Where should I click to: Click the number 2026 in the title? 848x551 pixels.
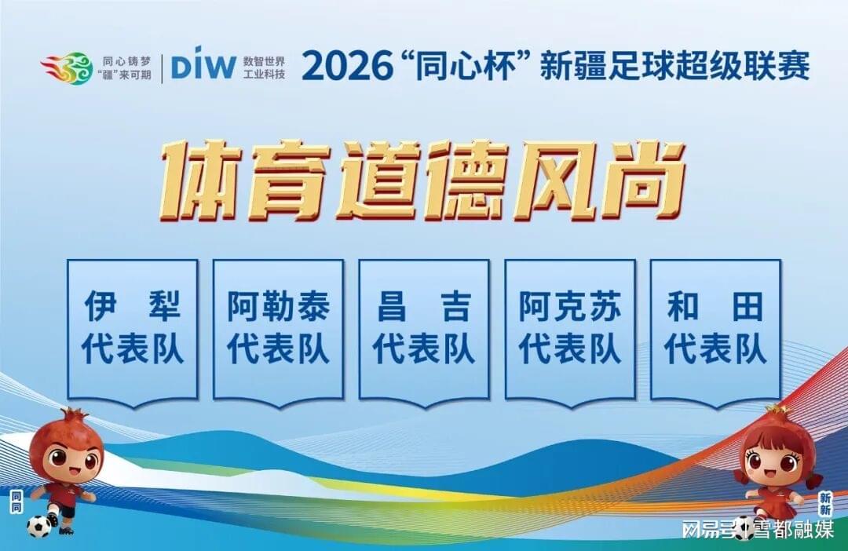pos(347,66)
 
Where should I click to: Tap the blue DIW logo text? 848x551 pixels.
pos(203,64)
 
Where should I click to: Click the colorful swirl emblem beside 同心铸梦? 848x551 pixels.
pos(67,67)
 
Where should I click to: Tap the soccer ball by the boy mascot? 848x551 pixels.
pos(39,526)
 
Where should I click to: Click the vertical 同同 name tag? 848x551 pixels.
pos(16,502)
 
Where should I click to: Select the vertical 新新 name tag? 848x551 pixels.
pos(824,503)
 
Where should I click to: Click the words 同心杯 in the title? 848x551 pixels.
pos(465,66)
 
